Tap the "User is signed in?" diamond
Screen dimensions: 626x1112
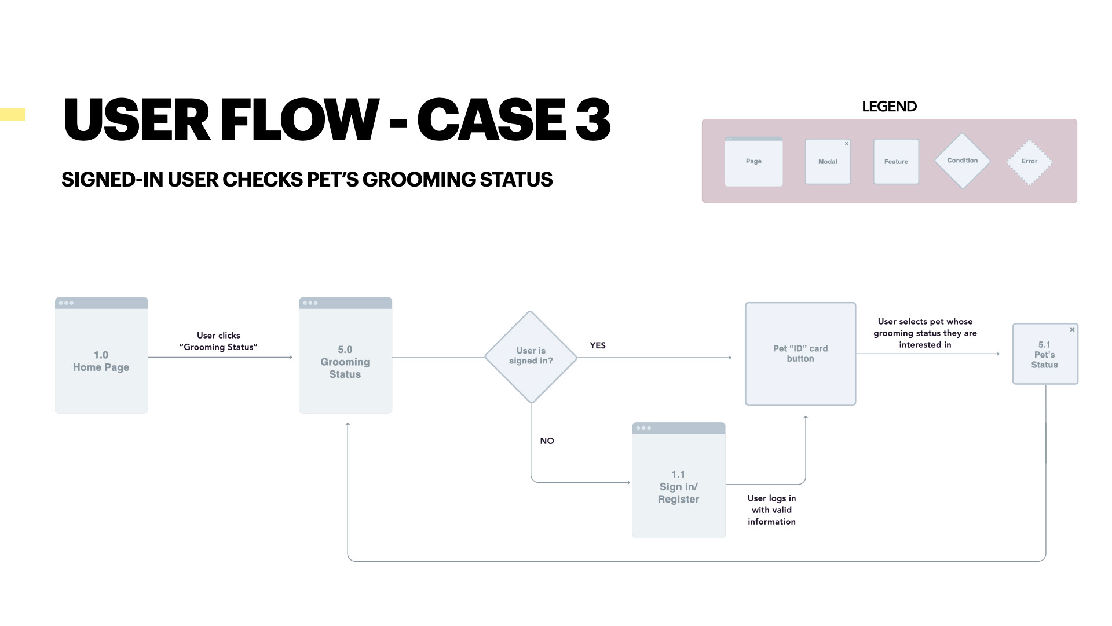coord(531,356)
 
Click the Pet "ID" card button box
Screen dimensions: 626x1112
coord(800,354)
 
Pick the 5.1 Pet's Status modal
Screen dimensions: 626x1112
coord(1045,354)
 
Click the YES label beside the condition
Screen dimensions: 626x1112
coord(598,345)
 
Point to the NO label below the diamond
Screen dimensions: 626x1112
coord(547,441)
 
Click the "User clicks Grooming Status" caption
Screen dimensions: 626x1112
coord(218,341)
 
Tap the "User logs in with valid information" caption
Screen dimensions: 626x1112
coord(771,510)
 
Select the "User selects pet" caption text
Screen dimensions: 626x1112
coord(925,333)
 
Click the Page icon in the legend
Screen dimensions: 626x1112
coord(753,162)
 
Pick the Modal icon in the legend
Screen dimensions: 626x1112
coord(828,162)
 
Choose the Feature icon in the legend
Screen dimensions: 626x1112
coord(896,162)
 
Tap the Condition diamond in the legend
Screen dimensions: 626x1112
coord(962,161)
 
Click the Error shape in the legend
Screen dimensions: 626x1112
coord(1029,162)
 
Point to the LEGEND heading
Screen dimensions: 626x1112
coord(889,107)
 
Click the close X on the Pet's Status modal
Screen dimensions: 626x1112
coord(1072,330)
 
